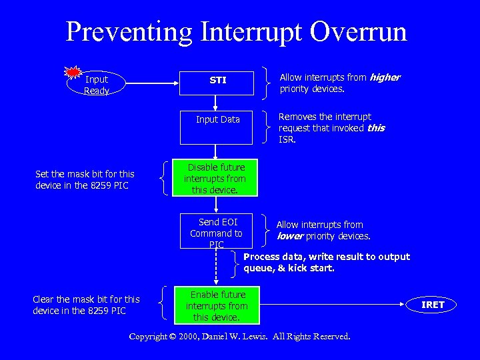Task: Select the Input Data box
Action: pyautogui.click(x=217, y=127)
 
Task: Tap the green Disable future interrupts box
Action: pyautogui.click(x=215, y=179)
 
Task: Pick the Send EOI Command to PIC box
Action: pyautogui.click(x=216, y=230)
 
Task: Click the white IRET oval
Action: pyautogui.click(x=433, y=305)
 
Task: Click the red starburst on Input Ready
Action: pyautogui.click(x=73, y=71)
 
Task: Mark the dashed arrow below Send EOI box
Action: pyautogui.click(x=215, y=267)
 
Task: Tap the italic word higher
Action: pyautogui.click(x=385, y=77)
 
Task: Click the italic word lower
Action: pyautogui.click(x=290, y=236)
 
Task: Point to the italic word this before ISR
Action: pyautogui.click(x=376, y=128)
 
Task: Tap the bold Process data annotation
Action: pyautogui.click(x=327, y=263)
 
